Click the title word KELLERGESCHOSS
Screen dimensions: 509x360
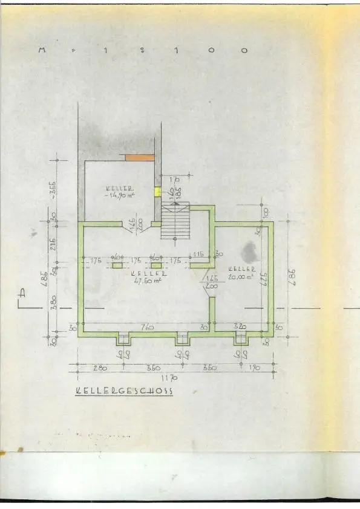coord(124,391)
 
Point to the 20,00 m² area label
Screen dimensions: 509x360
coord(241,277)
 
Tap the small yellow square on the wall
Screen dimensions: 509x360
coord(157,191)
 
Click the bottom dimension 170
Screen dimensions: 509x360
coord(254,367)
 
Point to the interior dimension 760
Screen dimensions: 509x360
coord(147,327)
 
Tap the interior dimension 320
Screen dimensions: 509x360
coord(241,327)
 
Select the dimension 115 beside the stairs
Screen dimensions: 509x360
coord(197,254)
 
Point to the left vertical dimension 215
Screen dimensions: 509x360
coord(53,245)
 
